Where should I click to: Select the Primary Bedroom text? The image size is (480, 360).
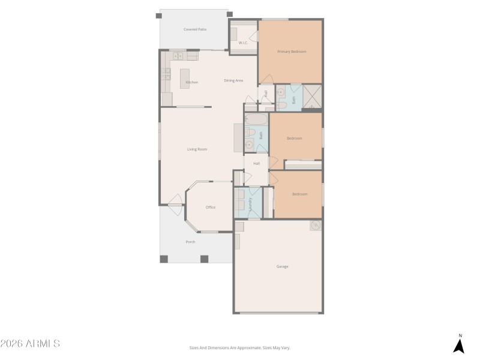point(292,52)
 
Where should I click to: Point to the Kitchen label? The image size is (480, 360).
point(192,82)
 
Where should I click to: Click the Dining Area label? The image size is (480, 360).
point(233,80)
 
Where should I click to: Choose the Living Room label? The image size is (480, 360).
point(197,149)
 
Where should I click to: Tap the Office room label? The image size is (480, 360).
point(211,208)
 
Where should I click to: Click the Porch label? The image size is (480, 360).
point(190,242)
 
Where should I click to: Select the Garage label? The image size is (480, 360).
point(282,266)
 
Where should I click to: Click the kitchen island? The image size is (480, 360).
point(185,78)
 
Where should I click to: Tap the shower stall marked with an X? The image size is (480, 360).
point(313,97)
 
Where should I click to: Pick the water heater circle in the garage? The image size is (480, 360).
point(316,226)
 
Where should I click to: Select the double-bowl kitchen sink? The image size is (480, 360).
point(178,56)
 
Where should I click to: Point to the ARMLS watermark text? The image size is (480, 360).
point(30,344)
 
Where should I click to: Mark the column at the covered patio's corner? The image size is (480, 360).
point(229,14)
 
